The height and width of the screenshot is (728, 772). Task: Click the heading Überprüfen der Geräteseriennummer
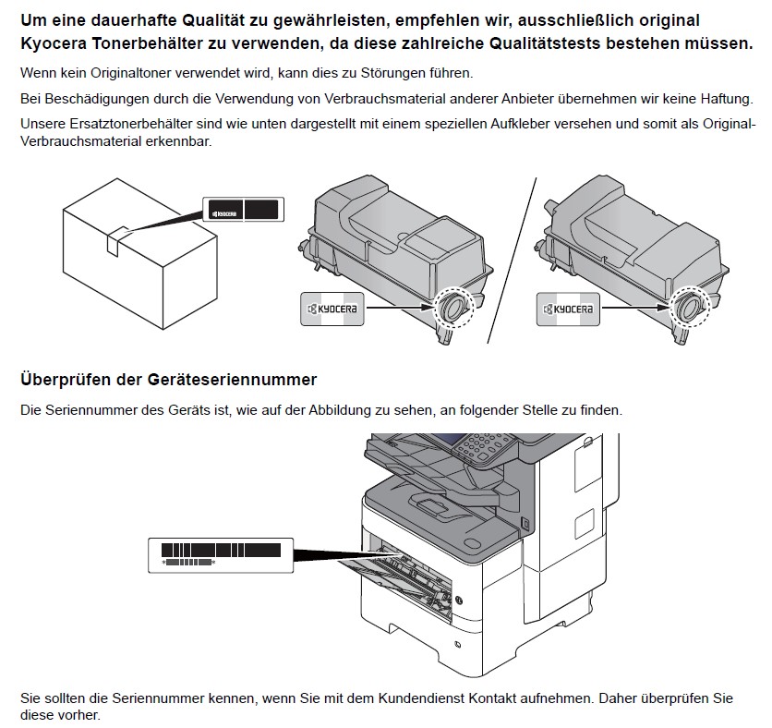click(x=168, y=380)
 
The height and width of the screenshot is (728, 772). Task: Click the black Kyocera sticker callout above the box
click(x=243, y=210)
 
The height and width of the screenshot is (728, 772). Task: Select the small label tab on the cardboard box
click(x=118, y=241)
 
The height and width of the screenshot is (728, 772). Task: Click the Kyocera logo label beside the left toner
click(x=332, y=309)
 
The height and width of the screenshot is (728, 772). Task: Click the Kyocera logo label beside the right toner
click(x=568, y=309)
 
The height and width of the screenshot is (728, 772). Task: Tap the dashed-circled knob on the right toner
click(x=689, y=308)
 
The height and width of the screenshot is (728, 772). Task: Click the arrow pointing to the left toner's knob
click(x=400, y=308)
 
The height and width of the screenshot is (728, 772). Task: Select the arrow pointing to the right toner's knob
click(x=635, y=308)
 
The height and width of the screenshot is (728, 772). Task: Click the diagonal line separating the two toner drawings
click(x=512, y=261)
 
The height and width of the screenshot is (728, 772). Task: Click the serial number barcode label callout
click(x=221, y=555)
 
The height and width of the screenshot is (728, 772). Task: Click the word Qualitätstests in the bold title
click(x=545, y=43)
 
